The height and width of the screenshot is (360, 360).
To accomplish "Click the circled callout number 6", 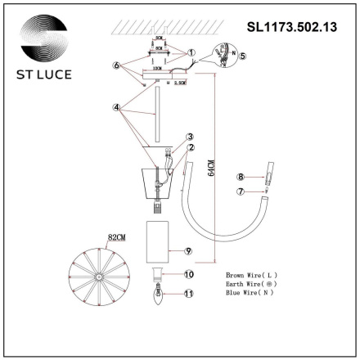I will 116,65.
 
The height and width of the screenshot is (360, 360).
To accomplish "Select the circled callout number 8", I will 241,176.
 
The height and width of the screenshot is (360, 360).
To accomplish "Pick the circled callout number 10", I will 187,274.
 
